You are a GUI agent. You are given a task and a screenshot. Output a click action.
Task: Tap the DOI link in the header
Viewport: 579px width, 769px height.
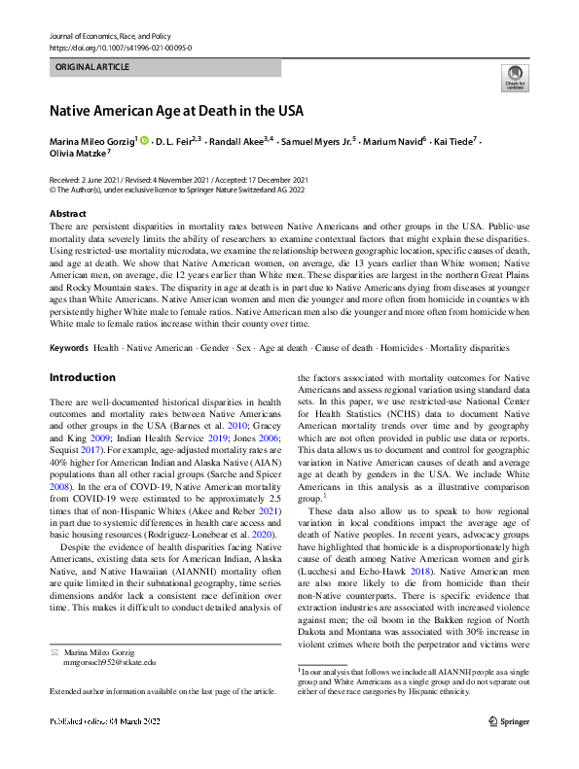(120, 47)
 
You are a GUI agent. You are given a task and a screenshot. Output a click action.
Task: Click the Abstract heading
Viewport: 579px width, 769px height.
(67, 213)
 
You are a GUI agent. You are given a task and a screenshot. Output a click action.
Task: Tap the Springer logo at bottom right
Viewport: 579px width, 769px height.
(509, 747)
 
